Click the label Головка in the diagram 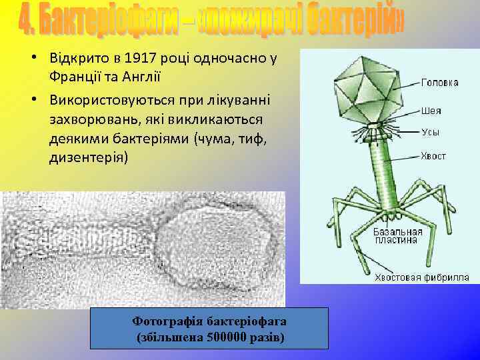coord(439,83)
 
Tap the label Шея coord(431,111)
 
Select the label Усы coord(430,132)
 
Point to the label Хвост coord(433,156)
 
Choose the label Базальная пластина coord(395,235)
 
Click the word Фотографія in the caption coord(168,322)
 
